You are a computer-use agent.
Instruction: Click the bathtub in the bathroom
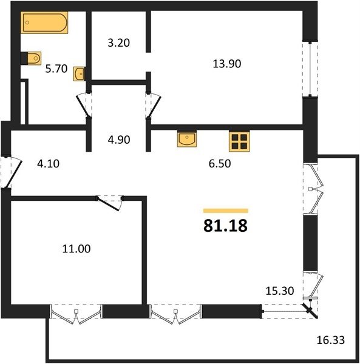(x=44, y=22)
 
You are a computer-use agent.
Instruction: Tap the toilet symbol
(x=32, y=58)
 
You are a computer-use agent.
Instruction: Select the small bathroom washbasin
(x=79, y=74)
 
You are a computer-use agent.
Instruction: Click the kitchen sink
(x=187, y=139)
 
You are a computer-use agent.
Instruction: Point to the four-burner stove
(x=239, y=141)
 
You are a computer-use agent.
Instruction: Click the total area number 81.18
(x=225, y=226)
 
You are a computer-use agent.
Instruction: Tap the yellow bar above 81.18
(x=225, y=211)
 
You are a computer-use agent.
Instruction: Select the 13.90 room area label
(x=227, y=64)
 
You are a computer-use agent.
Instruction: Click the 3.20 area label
(x=118, y=43)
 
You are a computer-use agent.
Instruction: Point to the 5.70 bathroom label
(x=56, y=69)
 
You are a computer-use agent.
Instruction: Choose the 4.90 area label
(x=119, y=140)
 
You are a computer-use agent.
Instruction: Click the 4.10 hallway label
(x=49, y=164)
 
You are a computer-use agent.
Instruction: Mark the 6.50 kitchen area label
(x=220, y=163)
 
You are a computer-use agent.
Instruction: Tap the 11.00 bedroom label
(x=76, y=249)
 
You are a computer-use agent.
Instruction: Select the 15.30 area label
(x=280, y=291)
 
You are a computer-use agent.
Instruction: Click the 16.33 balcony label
(x=331, y=340)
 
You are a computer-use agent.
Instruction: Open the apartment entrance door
(x=14, y=172)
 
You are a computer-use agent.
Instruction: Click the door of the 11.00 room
(x=109, y=204)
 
